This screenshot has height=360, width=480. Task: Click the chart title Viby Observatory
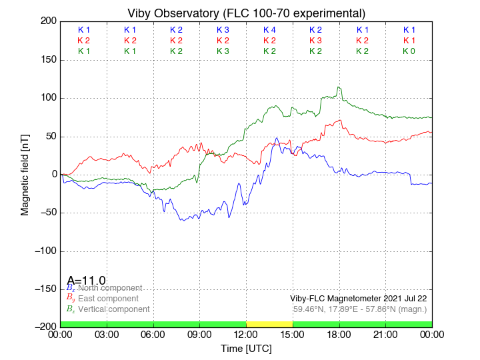click(246, 13)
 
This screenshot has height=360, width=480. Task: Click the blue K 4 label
click(269, 30)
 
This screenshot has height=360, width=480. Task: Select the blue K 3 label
click(223, 30)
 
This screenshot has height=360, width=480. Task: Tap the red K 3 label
click(315, 41)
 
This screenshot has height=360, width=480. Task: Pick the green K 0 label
click(409, 51)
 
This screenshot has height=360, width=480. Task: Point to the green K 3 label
click(223, 51)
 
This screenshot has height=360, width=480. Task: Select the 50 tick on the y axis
click(49, 136)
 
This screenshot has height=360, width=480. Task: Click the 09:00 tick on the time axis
click(199, 335)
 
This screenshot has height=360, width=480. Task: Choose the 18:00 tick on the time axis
click(339, 335)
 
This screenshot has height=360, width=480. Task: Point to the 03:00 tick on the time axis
click(107, 335)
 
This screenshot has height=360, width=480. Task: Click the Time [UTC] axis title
click(246, 348)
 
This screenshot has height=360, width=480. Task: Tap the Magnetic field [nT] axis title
click(25, 173)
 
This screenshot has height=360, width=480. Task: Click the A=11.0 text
click(87, 281)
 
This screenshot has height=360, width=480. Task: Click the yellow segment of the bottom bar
click(269, 323)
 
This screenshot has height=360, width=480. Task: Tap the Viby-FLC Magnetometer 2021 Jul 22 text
click(359, 298)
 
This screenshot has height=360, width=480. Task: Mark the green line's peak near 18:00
click(339, 87)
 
